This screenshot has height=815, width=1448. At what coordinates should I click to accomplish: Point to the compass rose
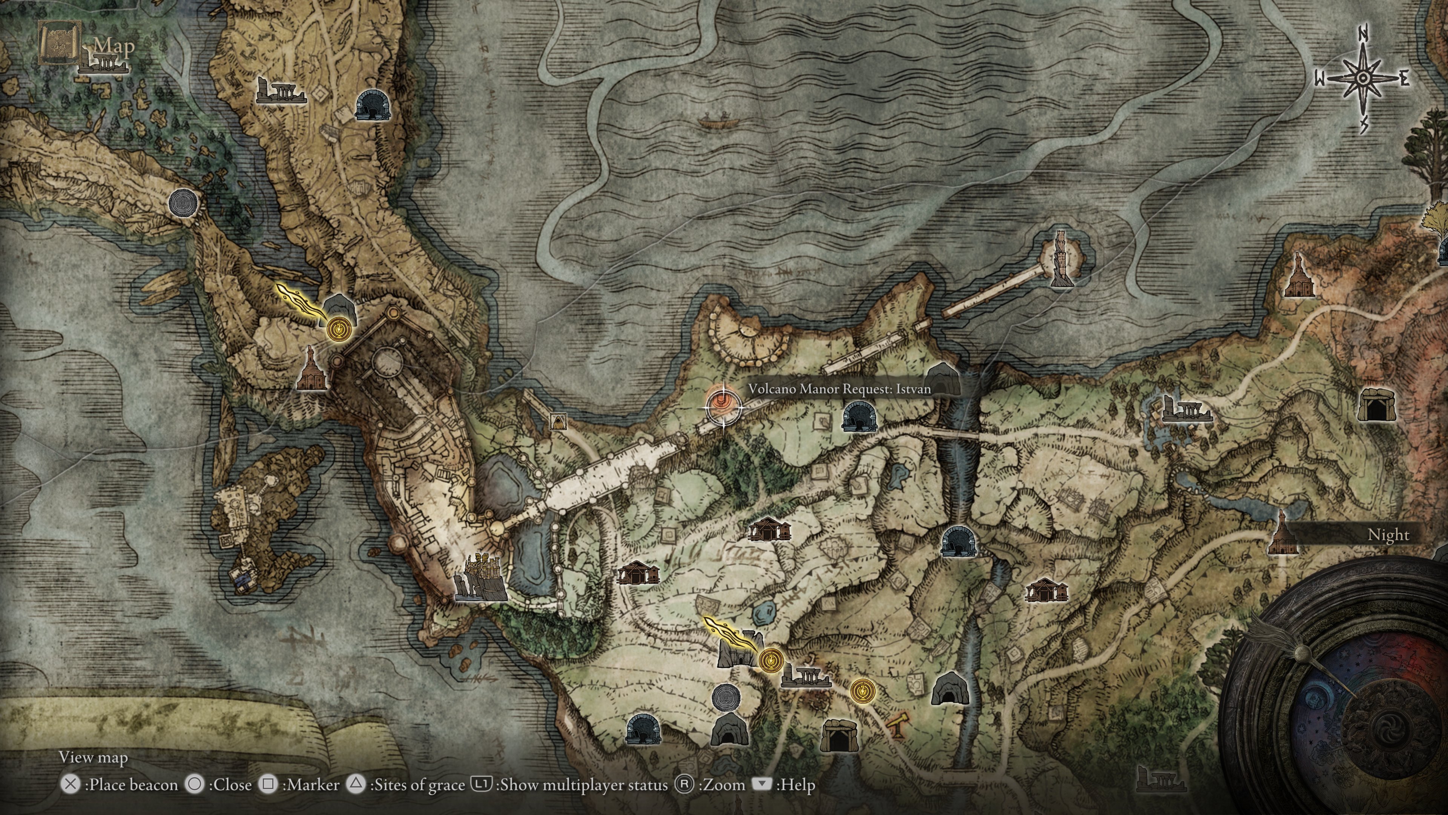[x=1362, y=79]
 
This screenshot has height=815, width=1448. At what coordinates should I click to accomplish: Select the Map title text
[x=115, y=46]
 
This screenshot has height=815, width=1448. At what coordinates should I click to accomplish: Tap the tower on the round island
[x=1061, y=259]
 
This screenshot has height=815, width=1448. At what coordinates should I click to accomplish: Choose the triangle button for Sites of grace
[x=356, y=784]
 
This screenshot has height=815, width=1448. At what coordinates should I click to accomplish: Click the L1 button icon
[x=481, y=784]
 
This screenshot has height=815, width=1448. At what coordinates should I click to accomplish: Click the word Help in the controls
[x=796, y=785]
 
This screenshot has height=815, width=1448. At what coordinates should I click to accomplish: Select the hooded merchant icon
[x=558, y=421]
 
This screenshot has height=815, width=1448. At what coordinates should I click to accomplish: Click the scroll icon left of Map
[x=58, y=42]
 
